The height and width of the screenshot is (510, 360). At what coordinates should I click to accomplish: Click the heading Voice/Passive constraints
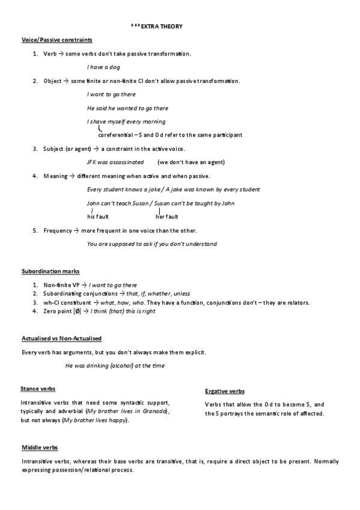56,40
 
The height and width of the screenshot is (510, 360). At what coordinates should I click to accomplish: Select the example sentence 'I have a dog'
103,67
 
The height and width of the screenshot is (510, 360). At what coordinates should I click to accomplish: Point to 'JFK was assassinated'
115,162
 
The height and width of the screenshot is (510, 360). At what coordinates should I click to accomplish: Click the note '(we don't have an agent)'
191,162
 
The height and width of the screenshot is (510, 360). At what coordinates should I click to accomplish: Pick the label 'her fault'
166,217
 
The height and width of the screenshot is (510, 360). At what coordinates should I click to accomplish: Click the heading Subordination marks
50,271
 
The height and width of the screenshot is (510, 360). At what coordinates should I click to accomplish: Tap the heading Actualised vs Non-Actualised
61,339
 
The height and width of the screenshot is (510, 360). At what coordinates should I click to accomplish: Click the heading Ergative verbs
225,391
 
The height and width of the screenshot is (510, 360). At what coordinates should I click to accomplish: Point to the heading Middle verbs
40,448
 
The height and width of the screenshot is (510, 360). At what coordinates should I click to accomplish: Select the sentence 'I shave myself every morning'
117,121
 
